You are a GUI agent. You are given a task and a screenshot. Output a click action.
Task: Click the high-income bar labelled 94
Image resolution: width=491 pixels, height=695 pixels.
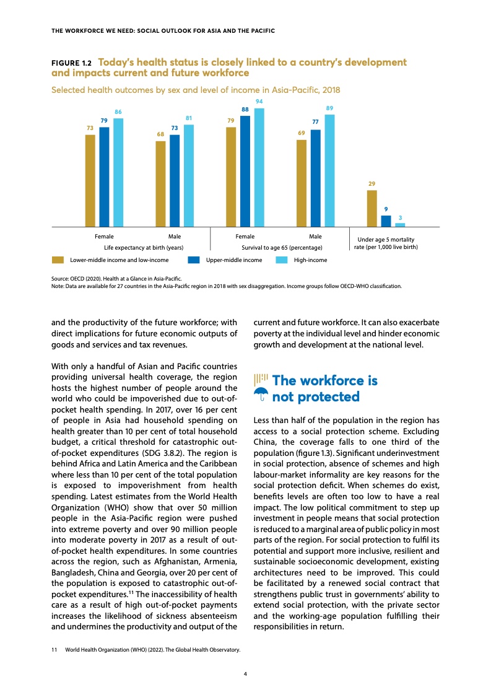259,167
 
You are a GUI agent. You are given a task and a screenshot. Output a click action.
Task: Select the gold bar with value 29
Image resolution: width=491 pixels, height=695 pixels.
372,209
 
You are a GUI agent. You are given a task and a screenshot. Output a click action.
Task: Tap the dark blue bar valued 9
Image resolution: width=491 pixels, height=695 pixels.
386,221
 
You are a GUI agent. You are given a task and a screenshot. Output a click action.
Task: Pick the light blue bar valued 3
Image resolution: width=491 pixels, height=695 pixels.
400,225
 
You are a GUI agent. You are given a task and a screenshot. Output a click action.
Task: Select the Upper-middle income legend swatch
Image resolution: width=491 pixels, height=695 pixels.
194,260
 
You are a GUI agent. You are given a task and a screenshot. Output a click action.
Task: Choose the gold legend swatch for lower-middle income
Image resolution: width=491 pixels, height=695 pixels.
58,260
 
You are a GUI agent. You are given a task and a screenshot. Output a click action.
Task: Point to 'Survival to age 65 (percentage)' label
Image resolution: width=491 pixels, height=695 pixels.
282,248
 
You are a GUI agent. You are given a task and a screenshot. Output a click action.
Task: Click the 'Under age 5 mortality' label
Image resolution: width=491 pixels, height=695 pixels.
386,240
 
